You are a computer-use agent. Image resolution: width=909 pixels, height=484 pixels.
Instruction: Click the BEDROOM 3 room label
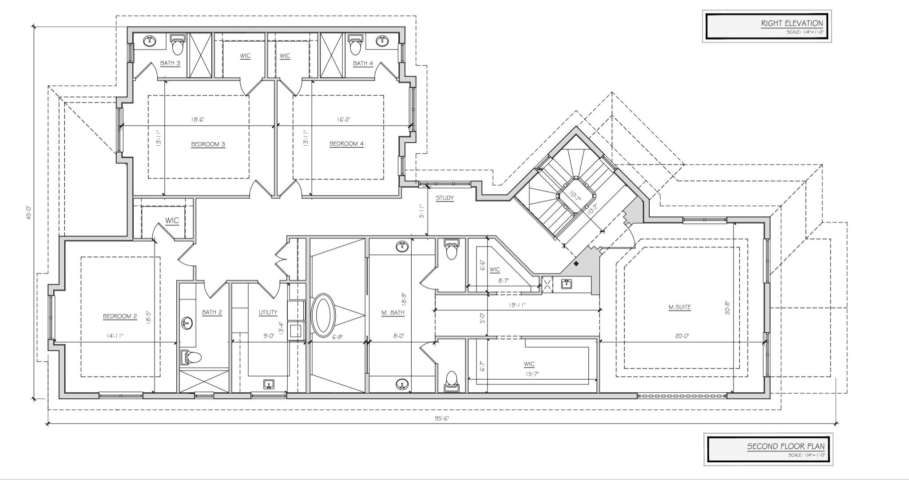(x=208, y=144)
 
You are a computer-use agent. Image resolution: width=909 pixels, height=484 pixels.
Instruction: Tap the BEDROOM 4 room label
(x=346, y=144)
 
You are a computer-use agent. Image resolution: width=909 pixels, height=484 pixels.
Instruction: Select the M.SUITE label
(x=679, y=307)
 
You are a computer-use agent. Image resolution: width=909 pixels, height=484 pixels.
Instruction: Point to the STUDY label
(x=445, y=198)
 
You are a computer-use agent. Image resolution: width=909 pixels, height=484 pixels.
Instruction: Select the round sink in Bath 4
(x=382, y=41)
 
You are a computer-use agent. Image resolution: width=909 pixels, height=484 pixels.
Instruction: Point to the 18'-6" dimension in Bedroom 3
(x=198, y=120)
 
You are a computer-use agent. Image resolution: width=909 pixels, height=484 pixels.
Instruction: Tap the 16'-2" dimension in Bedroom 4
(x=344, y=120)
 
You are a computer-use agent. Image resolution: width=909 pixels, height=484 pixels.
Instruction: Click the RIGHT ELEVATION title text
(x=792, y=24)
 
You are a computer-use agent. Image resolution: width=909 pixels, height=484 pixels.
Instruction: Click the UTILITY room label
(x=268, y=312)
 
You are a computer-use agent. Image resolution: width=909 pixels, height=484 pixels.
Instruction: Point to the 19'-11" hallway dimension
(x=517, y=305)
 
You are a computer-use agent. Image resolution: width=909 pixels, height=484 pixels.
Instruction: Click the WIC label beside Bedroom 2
(x=172, y=220)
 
